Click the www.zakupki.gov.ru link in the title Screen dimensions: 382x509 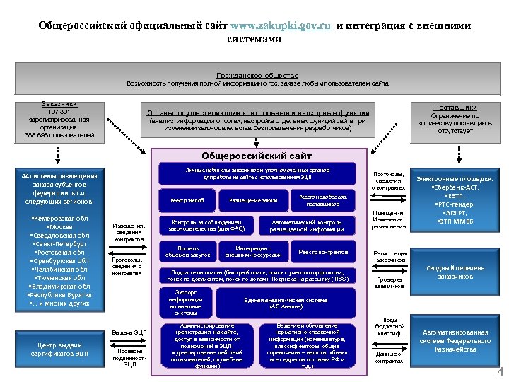[281, 26]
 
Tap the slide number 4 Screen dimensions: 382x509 [500, 374]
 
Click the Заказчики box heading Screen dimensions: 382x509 [59, 104]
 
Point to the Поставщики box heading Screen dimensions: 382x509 [455, 107]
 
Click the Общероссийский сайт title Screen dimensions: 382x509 [257, 156]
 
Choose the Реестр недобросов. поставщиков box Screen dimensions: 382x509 [322, 201]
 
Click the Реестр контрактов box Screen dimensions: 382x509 [322, 252]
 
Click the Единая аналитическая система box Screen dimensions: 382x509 [286, 303]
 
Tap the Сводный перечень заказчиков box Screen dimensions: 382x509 [455, 272]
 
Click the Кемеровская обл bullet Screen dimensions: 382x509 [60, 219]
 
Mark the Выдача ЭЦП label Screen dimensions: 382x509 [129, 332]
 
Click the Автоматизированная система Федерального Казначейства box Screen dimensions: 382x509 [455, 341]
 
